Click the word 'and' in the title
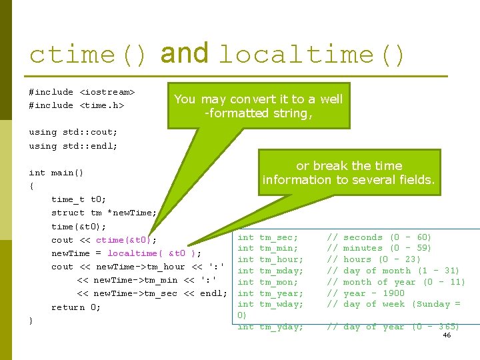click(185, 53)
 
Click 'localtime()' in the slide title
click(312, 55)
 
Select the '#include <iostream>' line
click(82, 92)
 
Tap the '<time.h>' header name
click(102, 105)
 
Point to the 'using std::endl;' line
click(73, 145)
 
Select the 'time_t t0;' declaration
click(79, 199)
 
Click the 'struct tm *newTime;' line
click(104, 213)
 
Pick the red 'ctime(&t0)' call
click(127, 240)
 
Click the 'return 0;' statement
click(76, 307)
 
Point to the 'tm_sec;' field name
click(279, 237)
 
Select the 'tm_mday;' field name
click(281, 271)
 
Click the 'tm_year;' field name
click(281, 293)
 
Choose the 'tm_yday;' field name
click(281, 327)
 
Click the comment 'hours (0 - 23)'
click(382, 259)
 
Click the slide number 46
click(447, 335)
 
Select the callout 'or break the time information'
click(349, 173)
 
